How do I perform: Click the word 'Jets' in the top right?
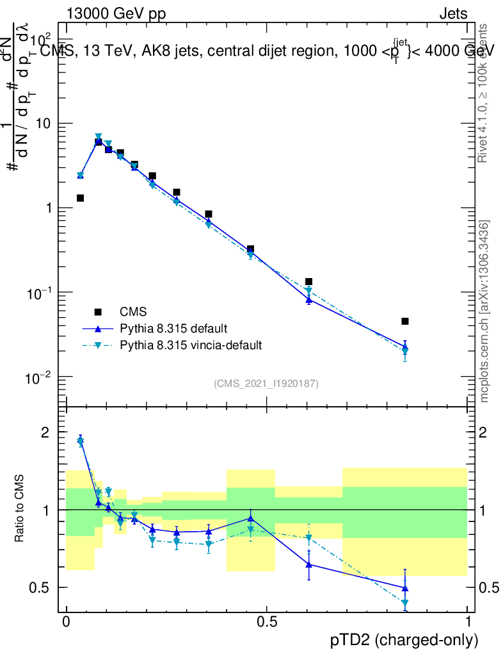[x=453, y=13]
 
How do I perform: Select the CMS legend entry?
[x=133, y=312]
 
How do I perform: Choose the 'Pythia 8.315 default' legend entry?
[x=173, y=329]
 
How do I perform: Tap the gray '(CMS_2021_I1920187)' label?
[x=266, y=383]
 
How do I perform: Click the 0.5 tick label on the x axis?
[x=267, y=622]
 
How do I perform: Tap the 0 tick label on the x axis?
[x=66, y=622]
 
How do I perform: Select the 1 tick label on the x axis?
[x=468, y=622]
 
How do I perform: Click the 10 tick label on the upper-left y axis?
[x=44, y=123]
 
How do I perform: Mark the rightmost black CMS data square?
[x=404, y=321]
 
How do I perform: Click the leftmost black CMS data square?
[x=80, y=198]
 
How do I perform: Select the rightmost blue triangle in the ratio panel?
[x=404, y=587]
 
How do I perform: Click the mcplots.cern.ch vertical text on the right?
[x=485, y=311]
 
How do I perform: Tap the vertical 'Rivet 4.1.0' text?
[x=484, y=93]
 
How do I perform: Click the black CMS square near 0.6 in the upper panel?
[x=308, y=281]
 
